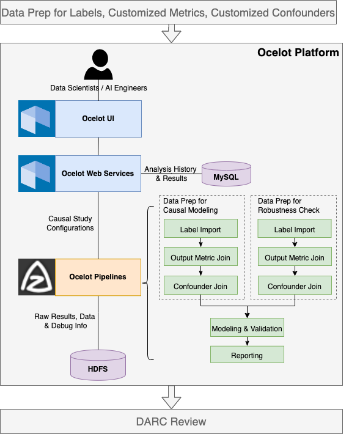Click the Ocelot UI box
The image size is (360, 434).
click(x=98, y=119)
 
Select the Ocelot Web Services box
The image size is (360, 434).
click(x=98, y=174)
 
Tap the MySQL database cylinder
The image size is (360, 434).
click(x=226, y=174)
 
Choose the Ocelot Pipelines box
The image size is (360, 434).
click(x=98, y=277)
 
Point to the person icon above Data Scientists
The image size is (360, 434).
click(x=98, y=65)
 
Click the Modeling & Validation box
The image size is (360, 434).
click(x=247, y=328)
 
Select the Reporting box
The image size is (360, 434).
click(x=247, y=355)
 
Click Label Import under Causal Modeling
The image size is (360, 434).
click(x=200, y=230)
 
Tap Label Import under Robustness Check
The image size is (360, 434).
click(x=295, y=230)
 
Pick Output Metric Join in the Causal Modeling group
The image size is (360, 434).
click(x=200, y=257)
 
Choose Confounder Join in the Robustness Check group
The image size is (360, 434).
click(x=295, y=285)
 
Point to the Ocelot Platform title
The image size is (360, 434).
click(x=298, y=53)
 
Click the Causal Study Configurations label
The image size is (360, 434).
click(x=71, y=223)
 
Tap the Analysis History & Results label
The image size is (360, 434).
click(x=171, y=174)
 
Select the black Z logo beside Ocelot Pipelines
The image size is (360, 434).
click(x=37, y=277)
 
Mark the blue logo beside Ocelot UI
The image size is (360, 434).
click(x=37, y=119)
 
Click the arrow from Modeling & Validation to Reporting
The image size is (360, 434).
click(x=247, y=342)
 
